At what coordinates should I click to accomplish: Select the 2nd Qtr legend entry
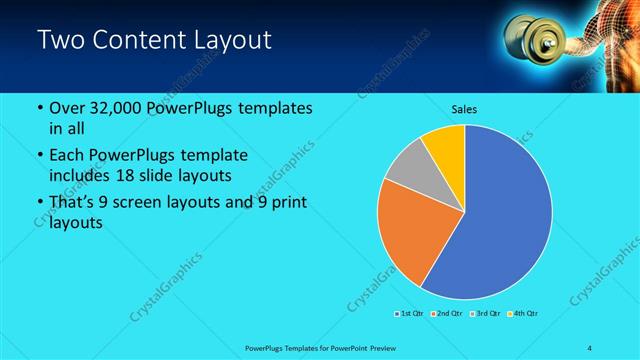pyautogui.click(x=445, y=314)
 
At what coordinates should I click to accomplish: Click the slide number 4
pyautogui.click(x=590, y=347)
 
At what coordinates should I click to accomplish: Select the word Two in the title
pyautogui.click(x=60, y=41)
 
